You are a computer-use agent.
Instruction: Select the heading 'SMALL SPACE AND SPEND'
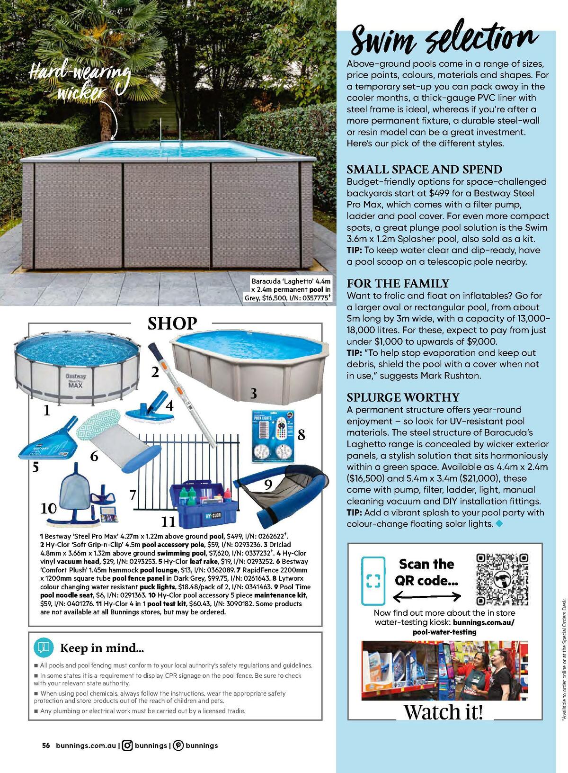pyautogui.click(x=425, y=170)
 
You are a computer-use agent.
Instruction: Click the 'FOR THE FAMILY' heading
pyautogui.click(x=398, y=284)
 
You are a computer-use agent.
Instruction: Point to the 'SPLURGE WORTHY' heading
pyautogui.click(x=403, y=397)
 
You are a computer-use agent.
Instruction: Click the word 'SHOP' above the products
pyautogui.click(x=172, y=324)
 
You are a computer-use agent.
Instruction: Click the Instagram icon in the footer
pyautogui.click(x=127, y=745)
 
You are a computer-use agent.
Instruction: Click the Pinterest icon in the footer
pyautogui.click(x=178, y=745)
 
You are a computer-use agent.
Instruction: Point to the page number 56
pyautogui.click(x=46, y=745)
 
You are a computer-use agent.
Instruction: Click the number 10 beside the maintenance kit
pyautogui.click(x=49, y=508)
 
